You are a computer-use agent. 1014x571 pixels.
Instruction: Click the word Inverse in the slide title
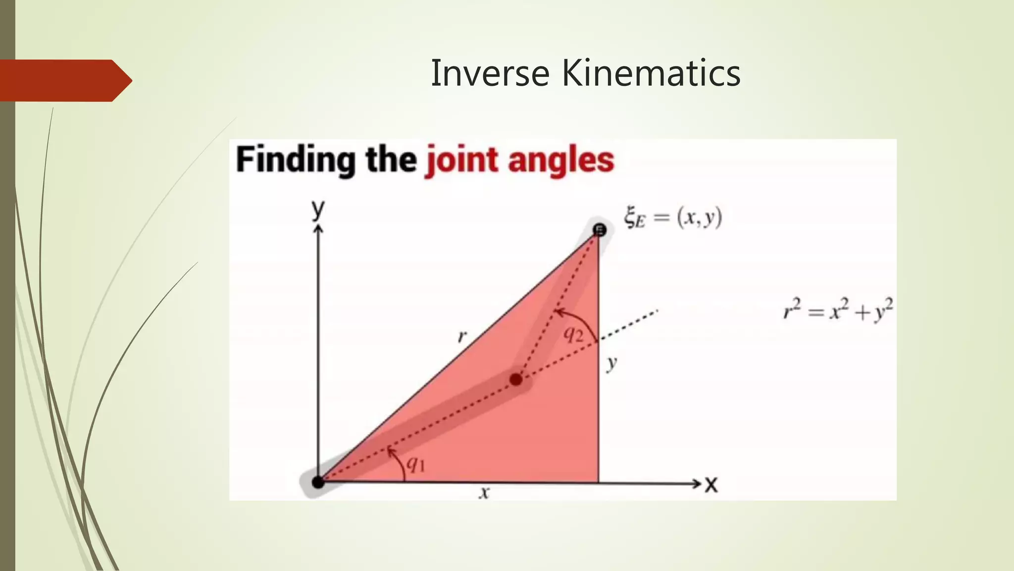(490, 73)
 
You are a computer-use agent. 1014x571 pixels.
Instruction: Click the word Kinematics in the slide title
(651, 73)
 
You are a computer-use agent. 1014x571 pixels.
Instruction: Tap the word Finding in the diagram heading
(295, 160)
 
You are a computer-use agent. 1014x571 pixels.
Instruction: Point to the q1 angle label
(415, 464)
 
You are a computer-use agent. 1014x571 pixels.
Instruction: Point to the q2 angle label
(573, 335)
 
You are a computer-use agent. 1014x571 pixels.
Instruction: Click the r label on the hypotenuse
(462, 337)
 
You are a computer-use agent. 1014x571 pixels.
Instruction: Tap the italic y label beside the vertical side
(612, 363)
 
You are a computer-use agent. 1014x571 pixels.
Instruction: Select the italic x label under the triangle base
(485, 493)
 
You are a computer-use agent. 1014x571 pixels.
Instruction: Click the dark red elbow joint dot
(516, 380)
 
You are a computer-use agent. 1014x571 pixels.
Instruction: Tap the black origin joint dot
(318, 481)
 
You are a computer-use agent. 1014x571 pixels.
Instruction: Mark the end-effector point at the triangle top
(600, 230)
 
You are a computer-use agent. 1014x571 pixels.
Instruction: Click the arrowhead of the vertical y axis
(318, 228)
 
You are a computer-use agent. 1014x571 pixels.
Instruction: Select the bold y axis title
(318, 209)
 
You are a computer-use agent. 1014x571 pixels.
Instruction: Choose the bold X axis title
(711, 484)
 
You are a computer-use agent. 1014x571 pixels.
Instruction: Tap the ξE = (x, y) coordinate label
(673, 218)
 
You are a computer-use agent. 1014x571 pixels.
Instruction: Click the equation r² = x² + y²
(838, 311)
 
